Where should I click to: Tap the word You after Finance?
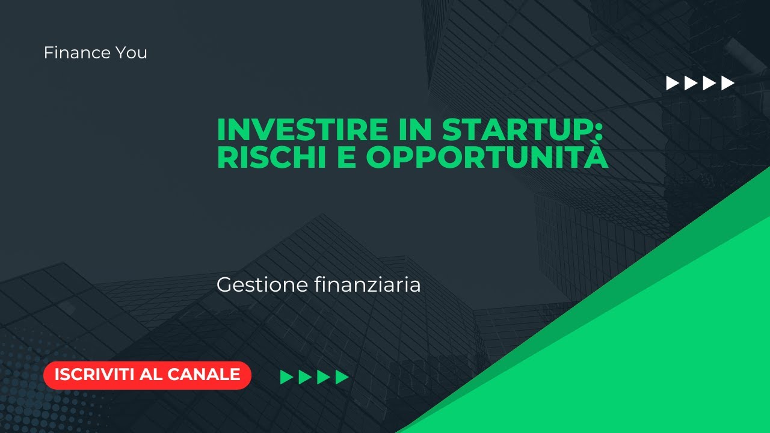(x=131, y=53)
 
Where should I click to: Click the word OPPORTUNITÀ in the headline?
(x=487, y=158)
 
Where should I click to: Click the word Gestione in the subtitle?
(x=262, y=285)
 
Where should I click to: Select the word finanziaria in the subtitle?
(x=368, y=284)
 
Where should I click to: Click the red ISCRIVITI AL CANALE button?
(x=147, y=375)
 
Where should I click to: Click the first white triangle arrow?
(x=673, y=83)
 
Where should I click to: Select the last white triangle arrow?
(x=728, y=83)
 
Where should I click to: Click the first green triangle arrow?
(x=287, y=377)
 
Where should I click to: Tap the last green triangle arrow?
(x=342, y=377)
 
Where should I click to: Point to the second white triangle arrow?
(x=691, y=83)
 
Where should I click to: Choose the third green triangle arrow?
(x=324, y=377)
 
